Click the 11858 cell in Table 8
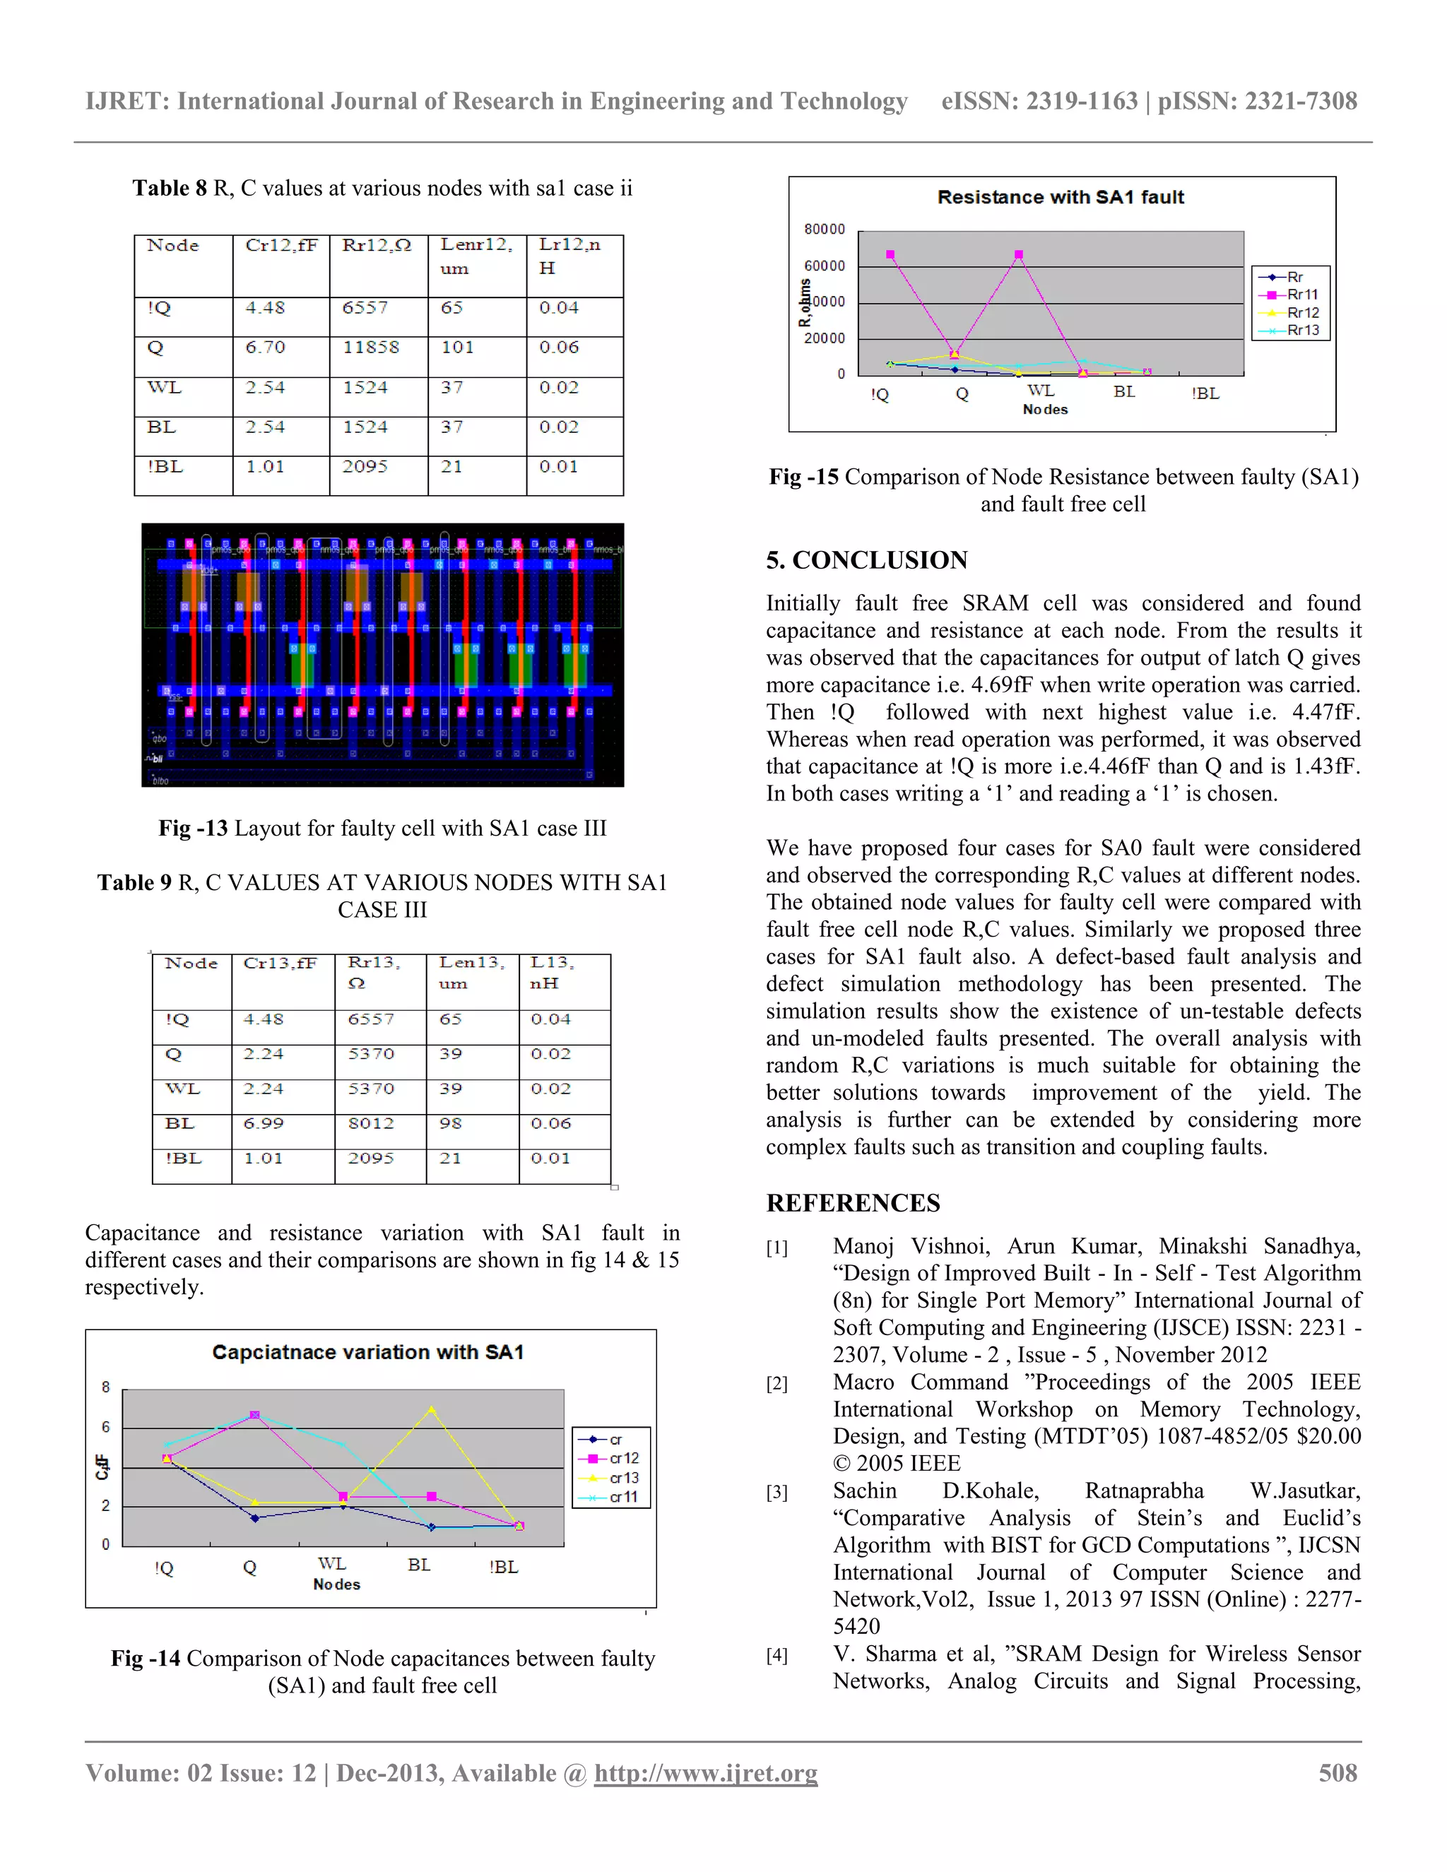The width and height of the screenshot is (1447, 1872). pos(371,347)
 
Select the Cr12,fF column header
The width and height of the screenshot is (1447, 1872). pos(281,245)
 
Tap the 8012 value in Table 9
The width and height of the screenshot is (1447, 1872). pos(371,1123)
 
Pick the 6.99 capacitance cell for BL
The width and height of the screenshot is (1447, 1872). pos(263,1123)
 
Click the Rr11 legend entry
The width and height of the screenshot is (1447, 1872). pos(1302,294)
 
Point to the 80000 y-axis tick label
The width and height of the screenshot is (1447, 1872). pos(824,229)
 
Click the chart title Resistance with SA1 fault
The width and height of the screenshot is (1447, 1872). pos(1061,197)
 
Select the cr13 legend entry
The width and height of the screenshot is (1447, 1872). pos(623,1478)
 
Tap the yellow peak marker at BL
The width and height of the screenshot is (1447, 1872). pos(431,1409)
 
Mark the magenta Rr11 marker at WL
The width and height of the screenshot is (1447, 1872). pos(1018,254)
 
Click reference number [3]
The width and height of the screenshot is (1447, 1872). pos(776,1492)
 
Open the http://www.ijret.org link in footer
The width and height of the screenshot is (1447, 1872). pos(706,1772)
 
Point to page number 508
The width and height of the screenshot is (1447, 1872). pos(1337,1772)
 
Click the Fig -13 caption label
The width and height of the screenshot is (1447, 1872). pos(193,828)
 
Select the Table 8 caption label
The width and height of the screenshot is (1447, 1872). pos(169,188)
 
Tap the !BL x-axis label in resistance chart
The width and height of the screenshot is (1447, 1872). pos(1205,393)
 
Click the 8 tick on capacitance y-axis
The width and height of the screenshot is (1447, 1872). pos(105,1387)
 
